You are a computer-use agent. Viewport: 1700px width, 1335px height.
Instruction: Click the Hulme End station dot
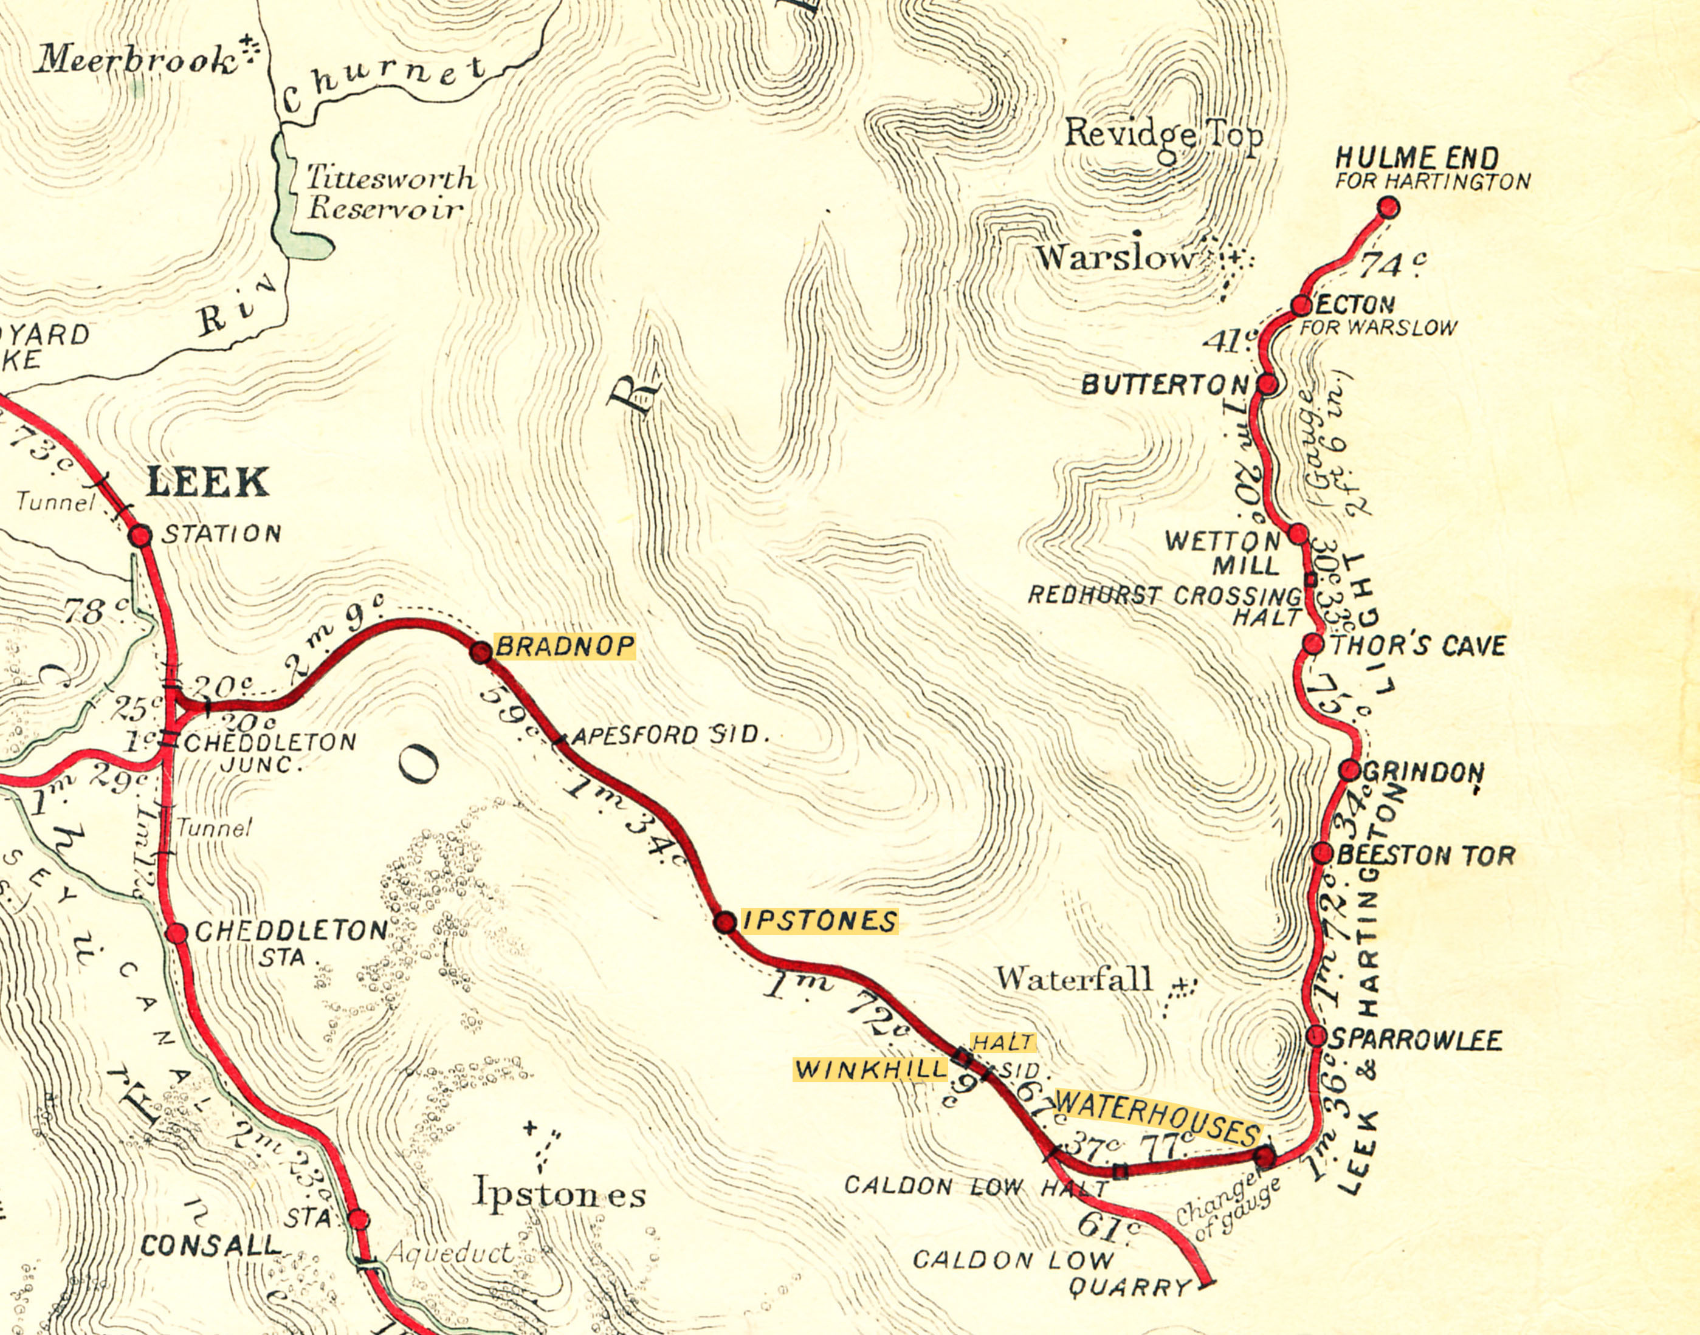1388,208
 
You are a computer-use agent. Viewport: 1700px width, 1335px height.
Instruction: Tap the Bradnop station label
564,647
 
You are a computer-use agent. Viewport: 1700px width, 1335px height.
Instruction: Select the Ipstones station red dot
725,922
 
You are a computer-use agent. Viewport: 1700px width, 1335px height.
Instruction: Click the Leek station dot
140,535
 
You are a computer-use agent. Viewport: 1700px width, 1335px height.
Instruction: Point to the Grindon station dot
1350,770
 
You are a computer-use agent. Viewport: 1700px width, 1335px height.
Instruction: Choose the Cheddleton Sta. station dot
177,933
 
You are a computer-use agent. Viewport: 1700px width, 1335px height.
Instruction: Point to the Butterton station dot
1268,384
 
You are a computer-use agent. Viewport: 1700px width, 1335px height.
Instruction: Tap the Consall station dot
358,1220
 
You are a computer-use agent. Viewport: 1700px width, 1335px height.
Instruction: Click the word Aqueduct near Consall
451,1253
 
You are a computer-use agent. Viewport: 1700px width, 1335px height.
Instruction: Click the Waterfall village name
1074,978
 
